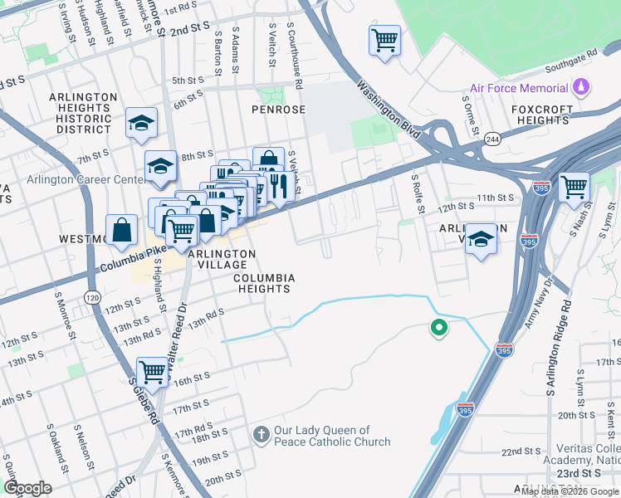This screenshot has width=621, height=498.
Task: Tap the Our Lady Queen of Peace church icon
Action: pos(261,435)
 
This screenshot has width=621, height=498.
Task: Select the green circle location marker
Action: pos(438,329)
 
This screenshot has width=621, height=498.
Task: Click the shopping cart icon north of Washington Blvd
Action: pos(385,39)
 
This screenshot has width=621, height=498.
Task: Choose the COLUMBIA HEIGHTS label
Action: pos(262,283)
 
